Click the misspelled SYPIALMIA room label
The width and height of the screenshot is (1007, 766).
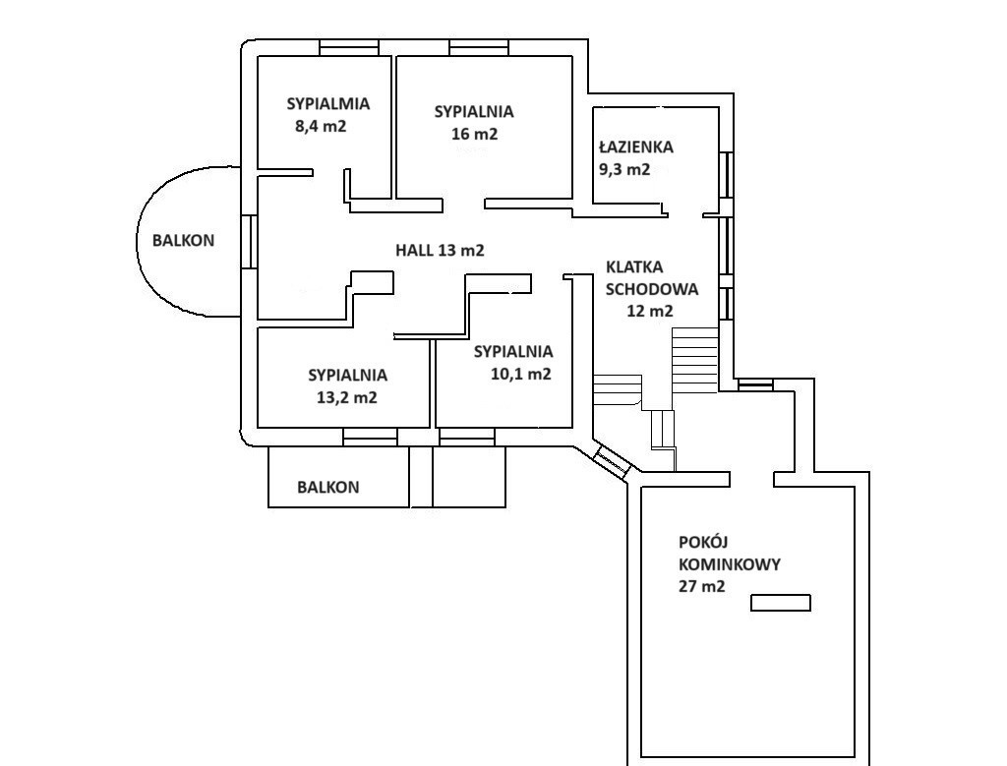pos(327,103)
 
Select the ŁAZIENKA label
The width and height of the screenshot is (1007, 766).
pos(635,147)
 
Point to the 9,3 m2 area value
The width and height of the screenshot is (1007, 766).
pos(624,169)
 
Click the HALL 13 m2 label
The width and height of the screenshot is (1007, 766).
pos(440,251)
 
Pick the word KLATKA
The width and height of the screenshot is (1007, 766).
pos(634,267)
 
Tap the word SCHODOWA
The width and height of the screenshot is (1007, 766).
pos(651,289)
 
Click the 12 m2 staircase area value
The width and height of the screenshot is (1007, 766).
pos(649,312)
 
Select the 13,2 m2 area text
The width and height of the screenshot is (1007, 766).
pos(347,397)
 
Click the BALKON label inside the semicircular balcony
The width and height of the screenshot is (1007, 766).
pos(183,240)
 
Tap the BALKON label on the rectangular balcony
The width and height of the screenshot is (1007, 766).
pos(328,487)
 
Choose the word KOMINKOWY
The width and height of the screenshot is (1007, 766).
pos(729,564)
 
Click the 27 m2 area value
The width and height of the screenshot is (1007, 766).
pos(701,587)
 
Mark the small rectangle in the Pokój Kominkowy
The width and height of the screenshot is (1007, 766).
pos(781,603)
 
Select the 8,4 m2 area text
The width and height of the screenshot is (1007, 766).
pos(321,126)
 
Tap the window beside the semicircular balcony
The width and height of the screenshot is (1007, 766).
pos(250,242)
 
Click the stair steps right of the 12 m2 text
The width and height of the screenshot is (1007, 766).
pos(695,359)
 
